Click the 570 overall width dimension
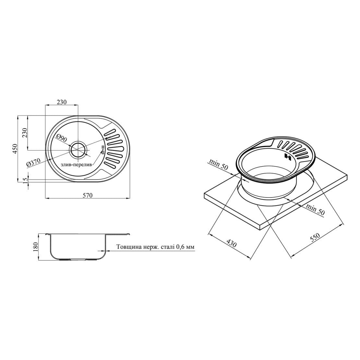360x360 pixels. [88, 195]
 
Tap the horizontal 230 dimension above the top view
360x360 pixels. [62, 102]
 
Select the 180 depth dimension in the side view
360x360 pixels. [36, 246]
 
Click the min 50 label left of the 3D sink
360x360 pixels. [219, 164]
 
